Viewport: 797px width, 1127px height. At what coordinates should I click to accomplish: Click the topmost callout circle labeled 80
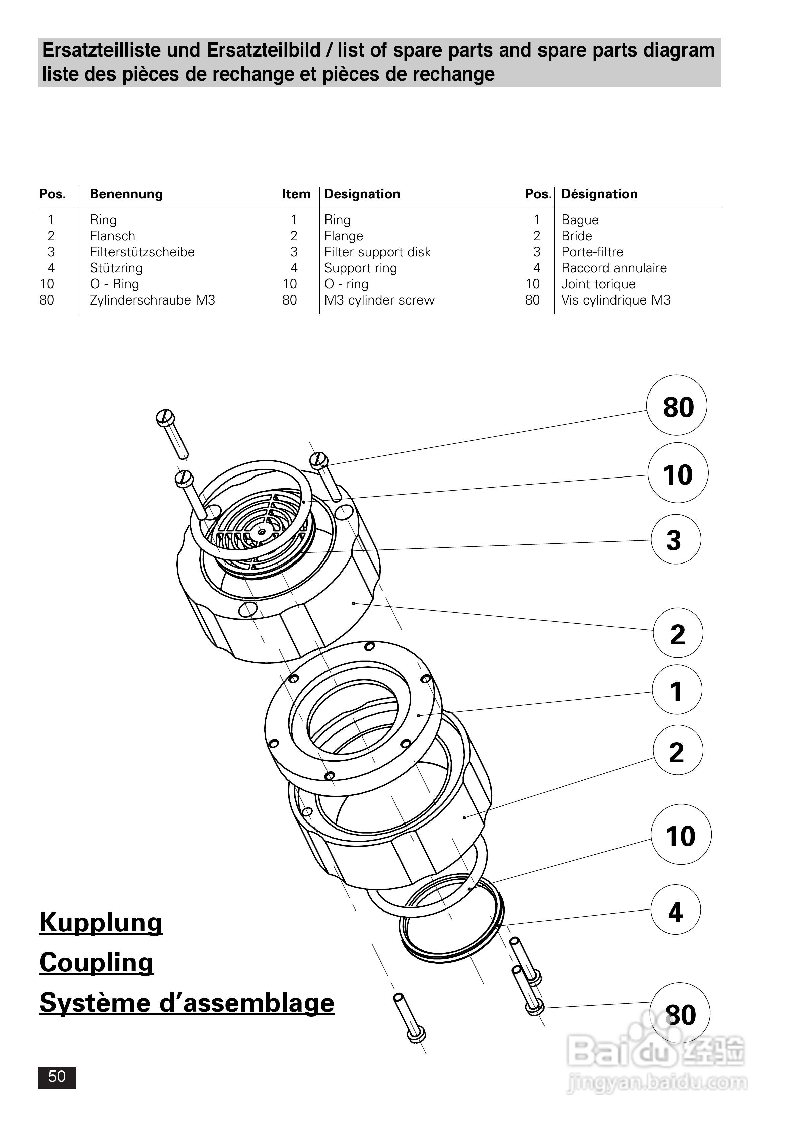click(677, 406)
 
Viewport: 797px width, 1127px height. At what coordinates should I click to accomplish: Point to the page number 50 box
click(57, 1077)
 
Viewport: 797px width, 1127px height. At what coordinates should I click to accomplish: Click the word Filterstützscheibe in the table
click(142, 252)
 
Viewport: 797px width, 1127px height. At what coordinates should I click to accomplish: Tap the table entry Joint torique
click(598, 284)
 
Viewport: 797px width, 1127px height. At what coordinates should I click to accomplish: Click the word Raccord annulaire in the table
click(614, 268)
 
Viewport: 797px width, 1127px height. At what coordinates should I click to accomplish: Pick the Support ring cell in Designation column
click(360, 268)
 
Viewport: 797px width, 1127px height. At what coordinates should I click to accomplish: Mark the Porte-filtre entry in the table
click(592, 252)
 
